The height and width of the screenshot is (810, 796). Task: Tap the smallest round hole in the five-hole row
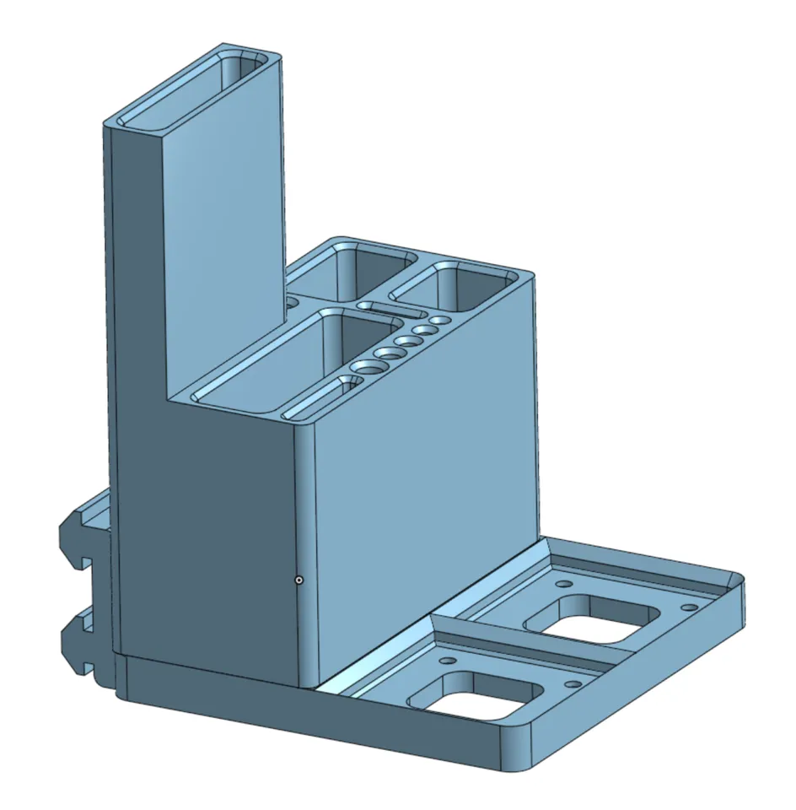click(x=439, y=321)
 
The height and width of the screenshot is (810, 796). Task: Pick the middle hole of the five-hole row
click(x=409, y=342)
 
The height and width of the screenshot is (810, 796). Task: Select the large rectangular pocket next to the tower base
click(x=270, y=363)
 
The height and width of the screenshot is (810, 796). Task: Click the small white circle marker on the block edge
click(x=298, y=580)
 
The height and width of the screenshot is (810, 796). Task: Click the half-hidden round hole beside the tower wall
click(x=292, y=300)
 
